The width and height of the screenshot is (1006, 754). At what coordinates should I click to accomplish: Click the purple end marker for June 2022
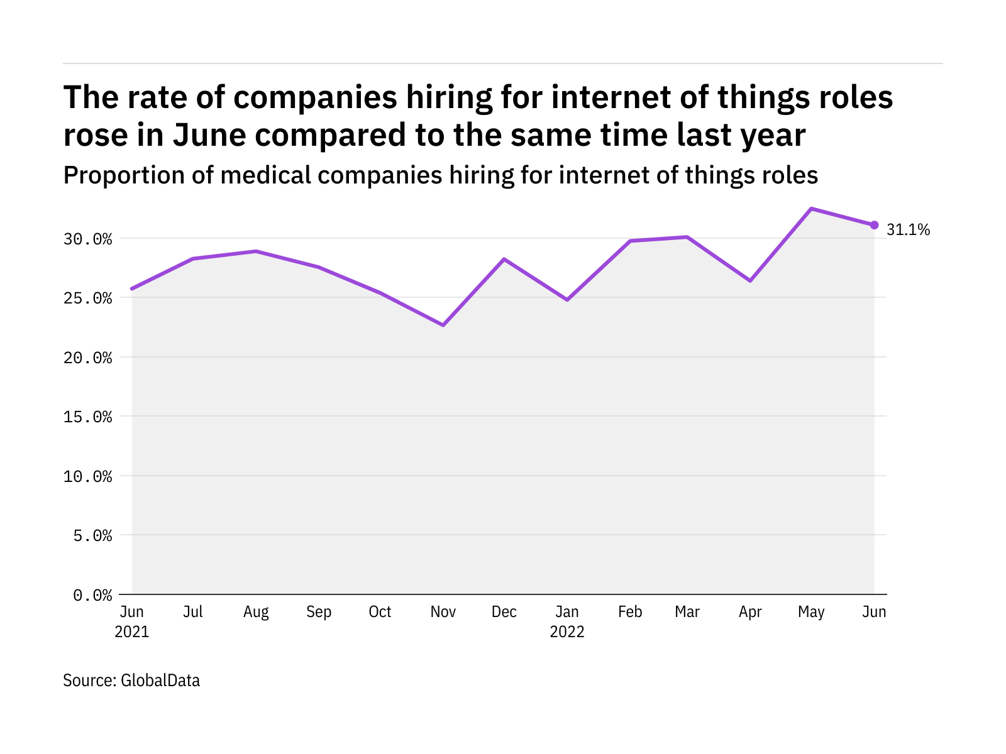point(874,225)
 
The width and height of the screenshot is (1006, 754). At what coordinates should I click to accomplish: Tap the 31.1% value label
point(908,230)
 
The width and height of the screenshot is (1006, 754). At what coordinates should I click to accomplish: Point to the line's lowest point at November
point(443,325)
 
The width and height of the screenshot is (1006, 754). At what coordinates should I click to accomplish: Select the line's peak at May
point(812,209)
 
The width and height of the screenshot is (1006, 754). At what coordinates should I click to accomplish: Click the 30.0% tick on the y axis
point(87,239)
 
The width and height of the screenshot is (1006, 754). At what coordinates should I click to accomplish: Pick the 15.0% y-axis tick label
point(87,417)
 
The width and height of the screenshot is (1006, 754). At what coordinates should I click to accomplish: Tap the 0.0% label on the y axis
point(92,595)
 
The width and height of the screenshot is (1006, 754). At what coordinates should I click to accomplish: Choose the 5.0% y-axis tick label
point(92,535)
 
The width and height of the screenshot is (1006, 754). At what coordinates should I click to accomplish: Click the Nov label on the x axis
point(443,612)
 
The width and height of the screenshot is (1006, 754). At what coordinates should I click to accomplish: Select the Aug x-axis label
point(256,612)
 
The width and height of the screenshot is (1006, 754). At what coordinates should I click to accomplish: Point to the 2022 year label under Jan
point(567,632)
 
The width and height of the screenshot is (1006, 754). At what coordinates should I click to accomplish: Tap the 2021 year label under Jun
point(132,632)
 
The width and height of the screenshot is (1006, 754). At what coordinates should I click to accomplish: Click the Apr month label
point(750,612)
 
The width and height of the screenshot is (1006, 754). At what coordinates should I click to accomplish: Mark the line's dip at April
point(750,280)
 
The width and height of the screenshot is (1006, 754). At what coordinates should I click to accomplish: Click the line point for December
point(504,259)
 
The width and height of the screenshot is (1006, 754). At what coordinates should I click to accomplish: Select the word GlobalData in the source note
point(160,680)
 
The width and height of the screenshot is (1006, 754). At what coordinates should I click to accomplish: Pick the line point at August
point(256,251)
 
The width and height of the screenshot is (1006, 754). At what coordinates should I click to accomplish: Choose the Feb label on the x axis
point(630,612)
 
